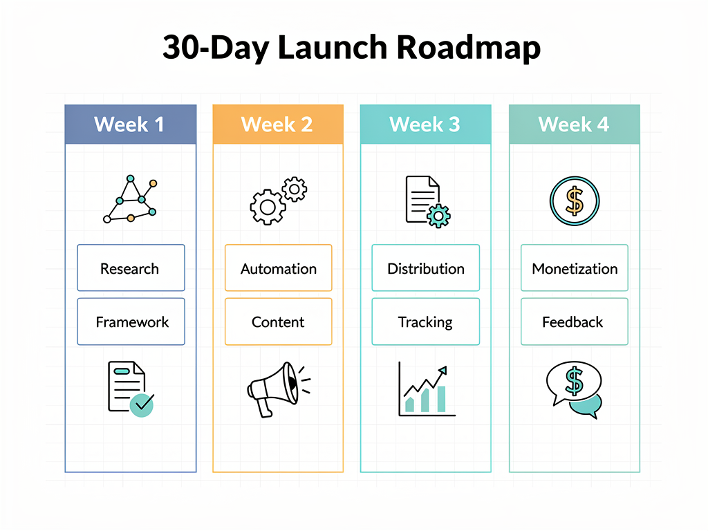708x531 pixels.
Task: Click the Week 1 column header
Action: coord(130,124)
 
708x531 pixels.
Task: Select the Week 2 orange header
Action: coord(278,124)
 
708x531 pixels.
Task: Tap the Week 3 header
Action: coord(425,124)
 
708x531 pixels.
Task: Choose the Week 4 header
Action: coord(574,124)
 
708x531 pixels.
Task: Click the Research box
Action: coord(131,268)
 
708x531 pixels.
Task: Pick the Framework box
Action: coord(131,322)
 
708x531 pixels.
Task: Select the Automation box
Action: coord(278,268)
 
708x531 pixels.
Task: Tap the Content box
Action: coord(278,322)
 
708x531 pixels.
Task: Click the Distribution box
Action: coord(425,268)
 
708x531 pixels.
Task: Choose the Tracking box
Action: coord(425,322)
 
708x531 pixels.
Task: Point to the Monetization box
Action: coord(574,268)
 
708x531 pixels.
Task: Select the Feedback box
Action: coord(574,322)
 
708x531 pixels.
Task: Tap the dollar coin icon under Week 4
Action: coord(574,200)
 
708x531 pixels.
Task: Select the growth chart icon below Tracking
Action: coord(426,391)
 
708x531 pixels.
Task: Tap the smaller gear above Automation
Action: coord(295,189)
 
